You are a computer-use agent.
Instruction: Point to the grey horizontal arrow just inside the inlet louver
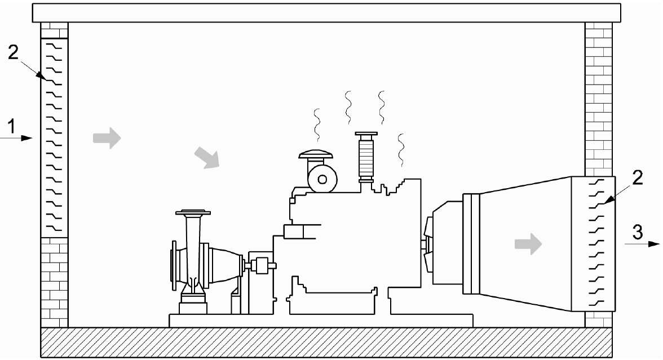(107, 137)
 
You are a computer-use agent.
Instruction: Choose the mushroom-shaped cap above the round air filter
(315, 156)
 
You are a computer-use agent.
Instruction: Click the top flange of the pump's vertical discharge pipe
(193, 213)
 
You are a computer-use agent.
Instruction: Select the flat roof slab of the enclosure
(327, 13)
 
